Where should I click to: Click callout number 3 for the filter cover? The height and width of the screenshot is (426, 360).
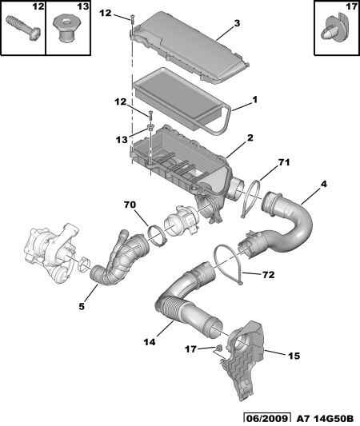coord(237,23)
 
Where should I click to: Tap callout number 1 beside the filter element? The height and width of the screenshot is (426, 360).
coord(254,100)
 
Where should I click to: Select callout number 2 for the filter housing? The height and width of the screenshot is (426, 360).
coord(250,137)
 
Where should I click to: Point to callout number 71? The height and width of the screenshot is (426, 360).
coord(284,162)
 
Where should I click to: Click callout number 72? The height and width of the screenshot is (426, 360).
coord(268,275)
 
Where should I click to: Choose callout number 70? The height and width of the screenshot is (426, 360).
coord(130,205)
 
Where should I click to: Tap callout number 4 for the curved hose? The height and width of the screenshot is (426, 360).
coord(323,184)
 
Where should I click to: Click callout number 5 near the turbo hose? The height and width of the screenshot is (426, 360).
coord(82,306)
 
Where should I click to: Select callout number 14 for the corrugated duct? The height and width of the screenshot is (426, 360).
coord(150,342)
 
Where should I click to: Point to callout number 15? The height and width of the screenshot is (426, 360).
coord(294,356)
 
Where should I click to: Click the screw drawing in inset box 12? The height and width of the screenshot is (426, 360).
coord(23,29)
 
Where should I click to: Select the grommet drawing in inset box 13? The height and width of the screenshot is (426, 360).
coord(66,29)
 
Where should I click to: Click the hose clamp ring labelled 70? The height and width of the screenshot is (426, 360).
coord(155,235)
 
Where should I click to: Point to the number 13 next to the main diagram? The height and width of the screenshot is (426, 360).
coord(122,140)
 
